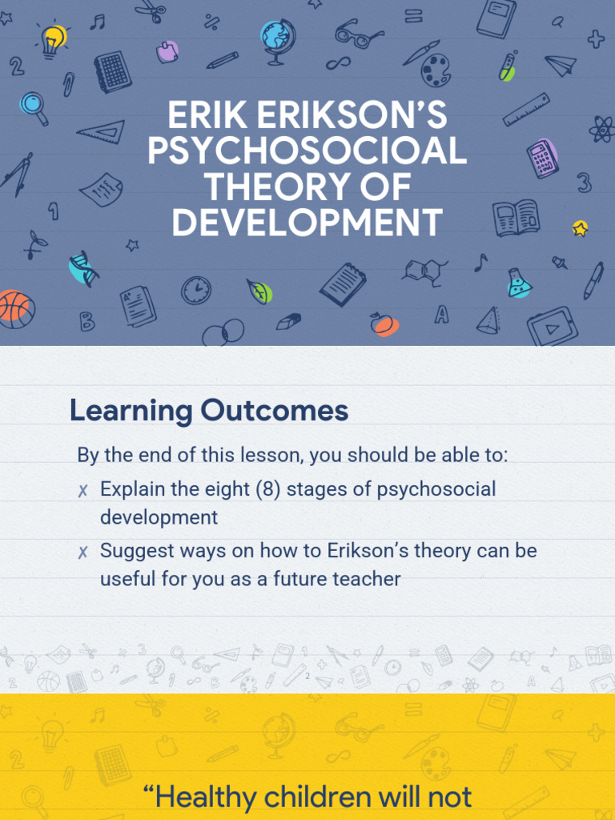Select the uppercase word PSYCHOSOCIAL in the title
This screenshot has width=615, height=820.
[307, 152]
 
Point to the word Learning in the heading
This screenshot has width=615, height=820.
[131, 412]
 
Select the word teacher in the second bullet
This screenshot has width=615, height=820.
[365, 579]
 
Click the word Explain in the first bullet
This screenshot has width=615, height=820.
[131, 488]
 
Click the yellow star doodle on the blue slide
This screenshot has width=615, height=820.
[581, 228]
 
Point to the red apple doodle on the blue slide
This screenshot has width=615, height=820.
[382, 323]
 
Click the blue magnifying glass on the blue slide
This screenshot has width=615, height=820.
[34, 106]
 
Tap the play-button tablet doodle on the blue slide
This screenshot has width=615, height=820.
[552, 326]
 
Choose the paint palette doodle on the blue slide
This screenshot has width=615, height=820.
[436, 70]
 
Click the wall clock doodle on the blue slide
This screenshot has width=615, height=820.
[196, 289]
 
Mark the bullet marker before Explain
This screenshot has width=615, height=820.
[82, 490]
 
